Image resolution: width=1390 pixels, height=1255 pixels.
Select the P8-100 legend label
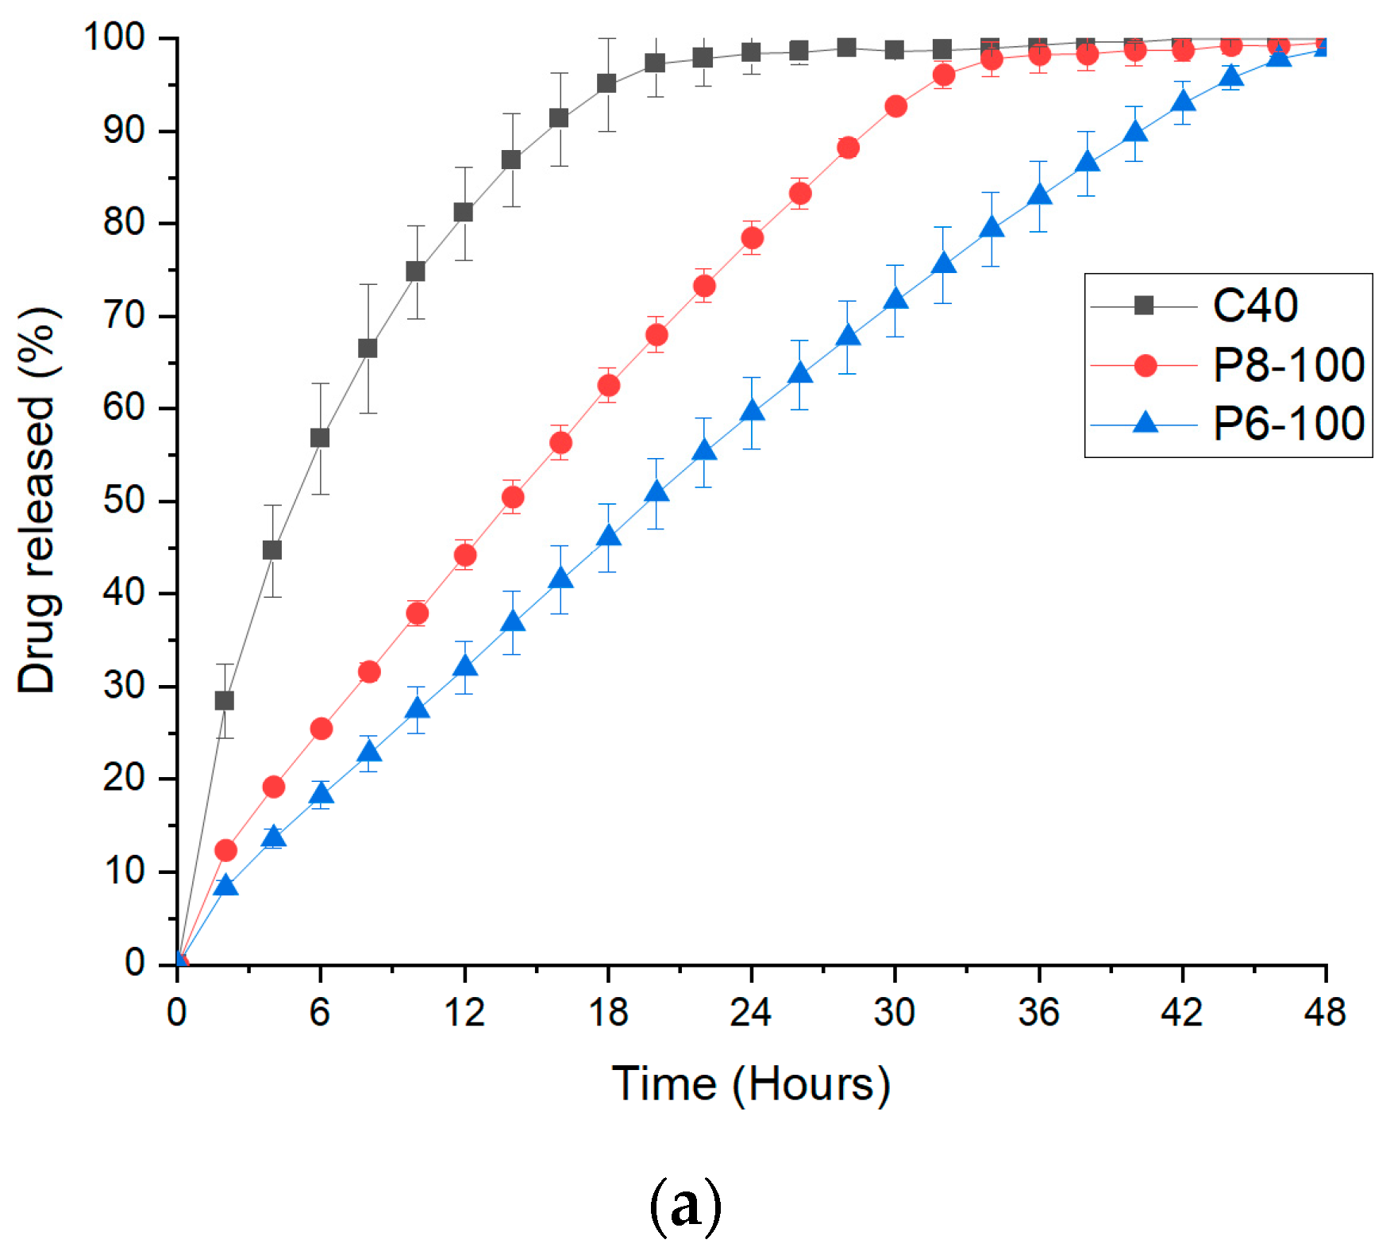pos(1288,365)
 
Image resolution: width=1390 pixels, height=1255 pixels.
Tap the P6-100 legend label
pos(1288,423)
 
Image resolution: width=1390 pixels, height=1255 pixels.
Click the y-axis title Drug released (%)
pos(37,500)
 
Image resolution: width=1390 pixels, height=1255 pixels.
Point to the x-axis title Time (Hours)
pos(751,1084)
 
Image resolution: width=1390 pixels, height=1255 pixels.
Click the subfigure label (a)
pos(685,1206)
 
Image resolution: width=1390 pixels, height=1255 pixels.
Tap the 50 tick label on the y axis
pos(124,501)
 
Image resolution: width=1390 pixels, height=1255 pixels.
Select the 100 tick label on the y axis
pos(114,37)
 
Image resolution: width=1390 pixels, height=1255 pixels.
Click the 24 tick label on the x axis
pos(750,1012)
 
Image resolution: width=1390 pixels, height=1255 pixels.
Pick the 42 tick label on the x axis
pos(1181,1012)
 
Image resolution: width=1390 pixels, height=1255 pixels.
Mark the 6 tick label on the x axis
pos(319,1012)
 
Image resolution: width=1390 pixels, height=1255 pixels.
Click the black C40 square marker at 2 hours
pos(225,700)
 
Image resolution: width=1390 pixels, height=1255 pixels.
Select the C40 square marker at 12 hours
pos(464,212)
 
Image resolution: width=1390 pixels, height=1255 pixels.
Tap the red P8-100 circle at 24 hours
pos(752,238)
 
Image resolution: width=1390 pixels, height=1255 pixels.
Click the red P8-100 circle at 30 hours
pos(895,106)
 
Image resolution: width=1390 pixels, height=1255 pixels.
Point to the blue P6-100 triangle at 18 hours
pos(608,536)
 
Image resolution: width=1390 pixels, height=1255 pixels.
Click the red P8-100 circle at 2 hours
pos(225,850)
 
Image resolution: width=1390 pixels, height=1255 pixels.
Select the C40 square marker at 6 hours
pos(320,438)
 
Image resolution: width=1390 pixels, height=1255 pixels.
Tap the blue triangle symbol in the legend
pos(1145,422)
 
